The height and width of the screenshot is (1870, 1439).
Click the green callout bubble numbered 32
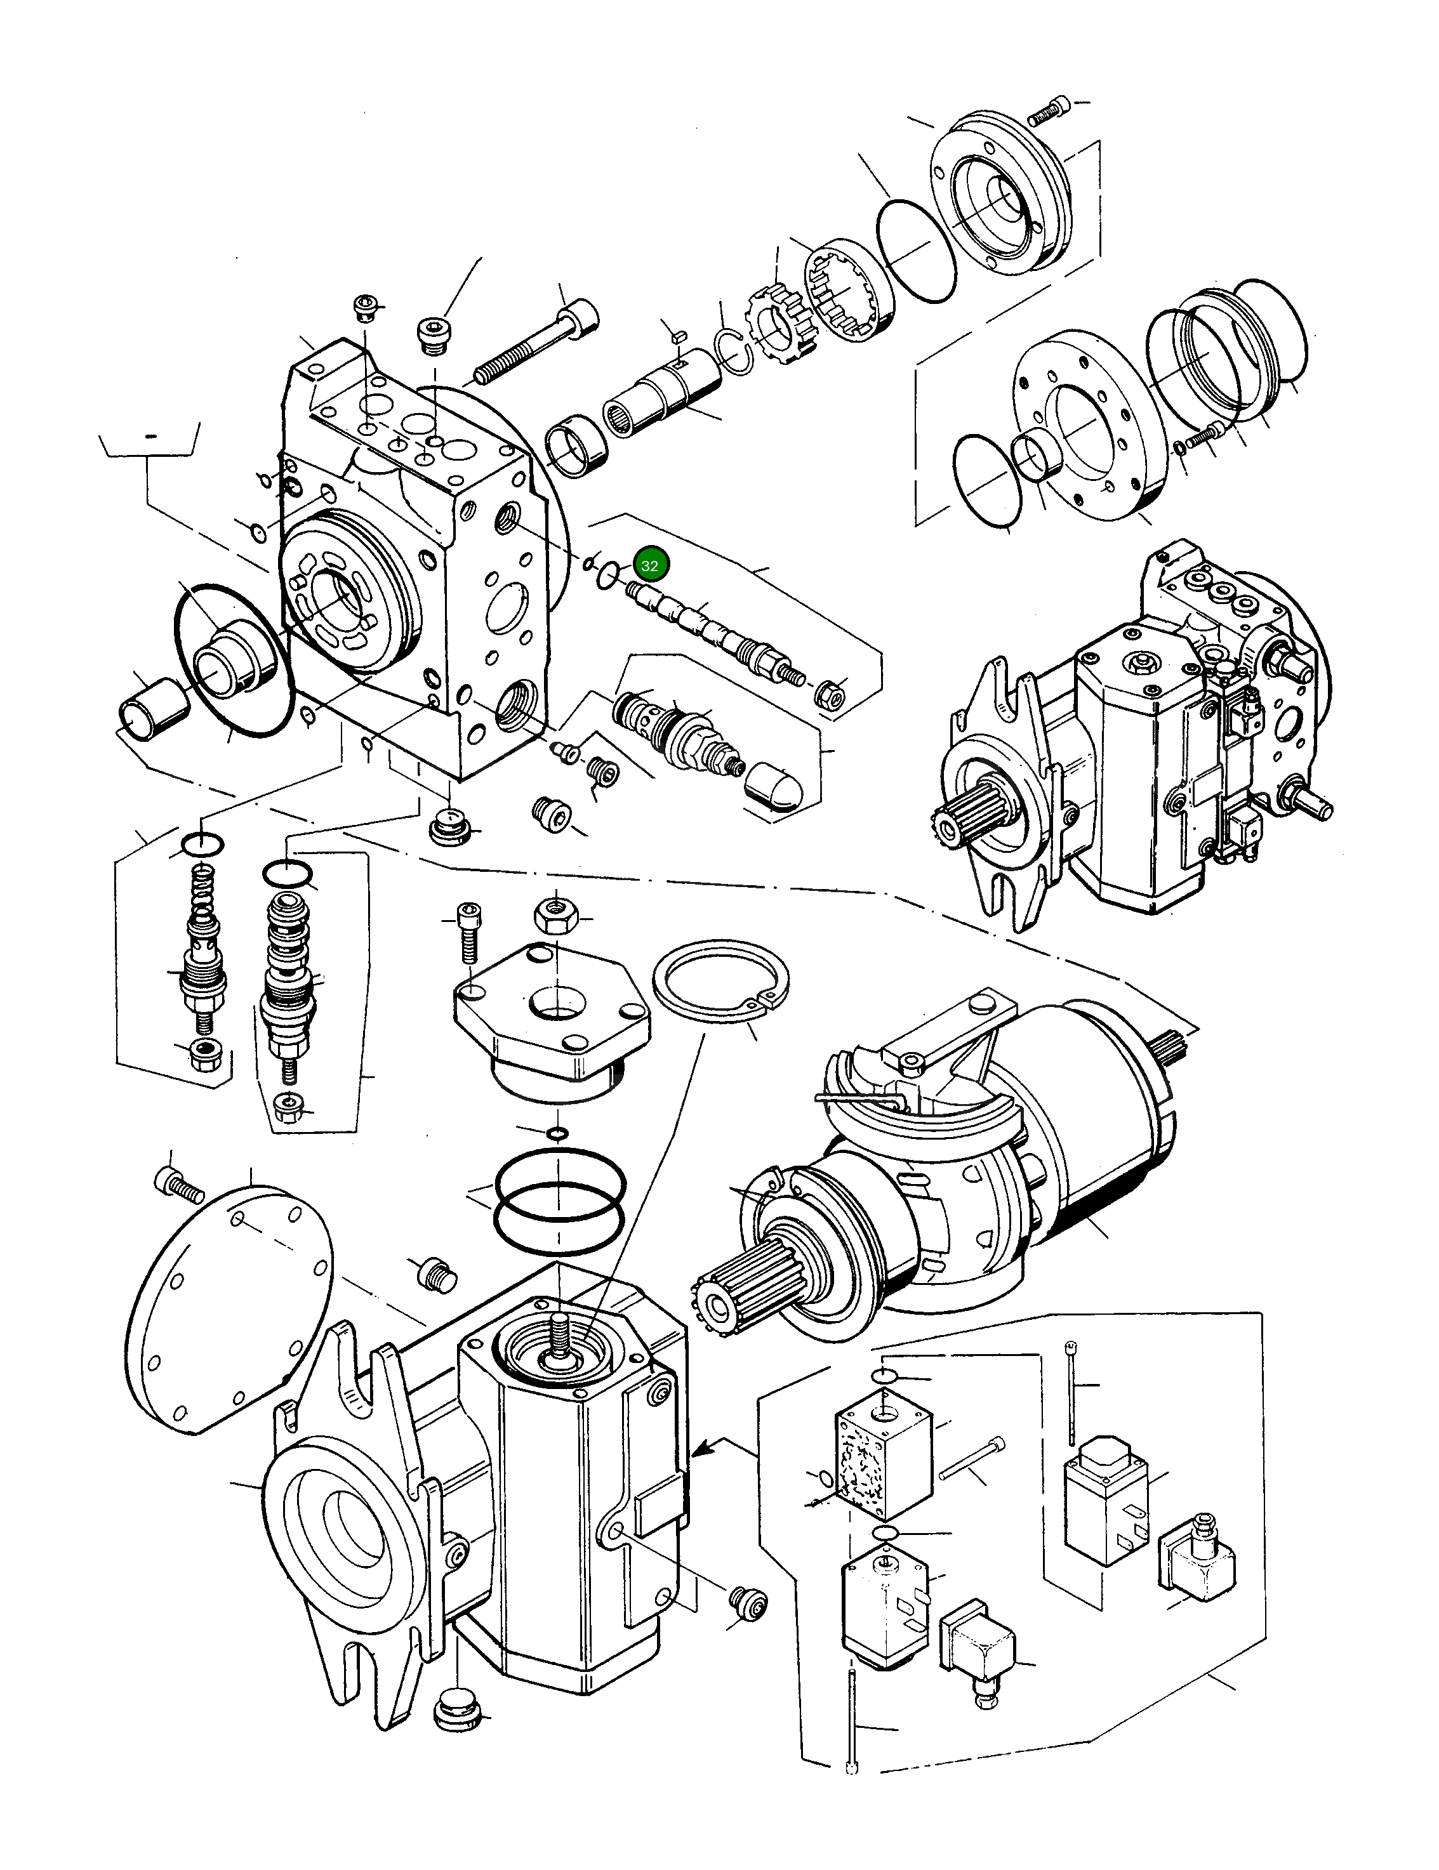(x=649, y=565)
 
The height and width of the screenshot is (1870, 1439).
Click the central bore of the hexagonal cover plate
(x=555, y=1000)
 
